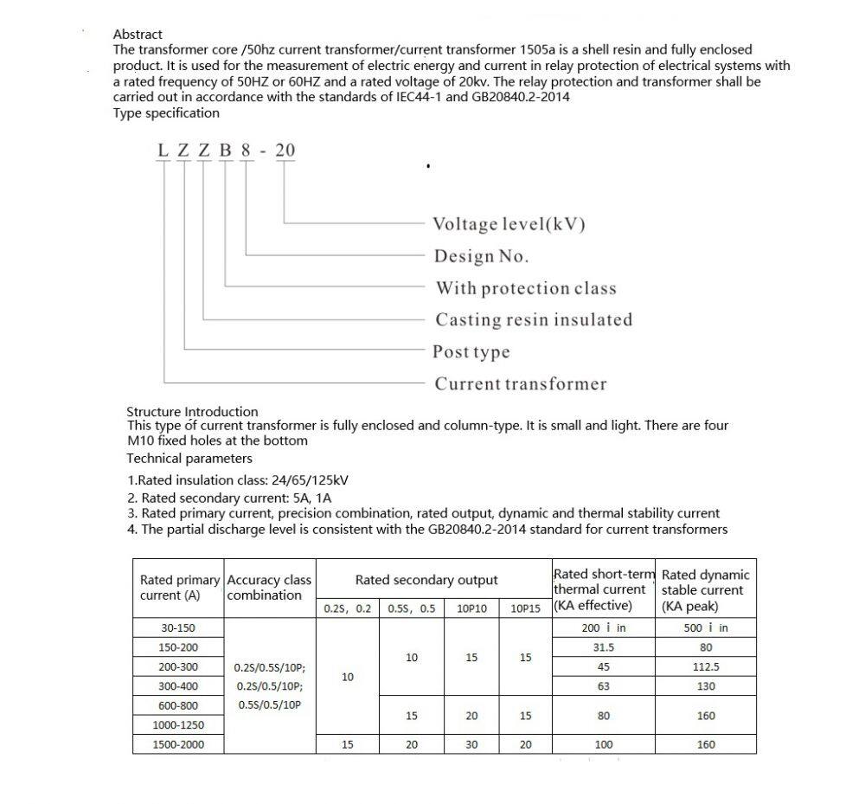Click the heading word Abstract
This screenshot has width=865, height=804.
tap(138, 35)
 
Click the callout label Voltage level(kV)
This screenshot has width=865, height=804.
tap(509, 224)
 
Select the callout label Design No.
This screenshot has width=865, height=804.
tap(481, 256)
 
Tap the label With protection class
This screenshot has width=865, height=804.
tap(526, 288)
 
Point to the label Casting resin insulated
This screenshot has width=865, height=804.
tap(534, 320)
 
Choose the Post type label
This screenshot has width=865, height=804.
tap(471, 352)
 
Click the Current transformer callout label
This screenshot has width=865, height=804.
tap(520, 384)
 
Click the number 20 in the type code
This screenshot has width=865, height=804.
tap(285, 151)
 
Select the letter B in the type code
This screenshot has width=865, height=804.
tap(226, 151)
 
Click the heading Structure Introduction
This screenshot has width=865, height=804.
tap(192, 412)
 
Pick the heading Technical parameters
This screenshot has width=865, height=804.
tap(189, 459)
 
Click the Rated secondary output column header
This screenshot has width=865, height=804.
tap(426, 580)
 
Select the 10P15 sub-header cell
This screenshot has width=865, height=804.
tap(525, 608)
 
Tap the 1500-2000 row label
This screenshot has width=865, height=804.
tap(177, 744)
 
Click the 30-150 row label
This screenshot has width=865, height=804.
tap(177, 628)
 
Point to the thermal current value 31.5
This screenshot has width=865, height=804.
tap(603, 647)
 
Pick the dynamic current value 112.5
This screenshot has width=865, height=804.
tap(706, 667)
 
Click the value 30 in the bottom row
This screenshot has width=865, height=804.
tap(471, 744)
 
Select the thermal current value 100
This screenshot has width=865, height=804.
tap(603, 744)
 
